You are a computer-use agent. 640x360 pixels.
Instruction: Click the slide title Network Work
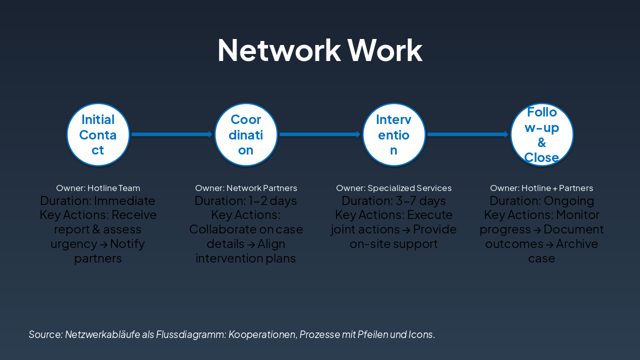click(x=320, y=50)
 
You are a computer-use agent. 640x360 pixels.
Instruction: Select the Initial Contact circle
click(x=98, y=134)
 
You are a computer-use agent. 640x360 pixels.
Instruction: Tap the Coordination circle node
click(x=246, y=134)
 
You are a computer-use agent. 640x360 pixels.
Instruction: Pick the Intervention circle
click(x=394, y=134)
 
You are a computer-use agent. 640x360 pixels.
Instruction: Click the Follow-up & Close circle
click(x=542, y=134)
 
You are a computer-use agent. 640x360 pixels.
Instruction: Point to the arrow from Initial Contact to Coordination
click(x=172, y=134)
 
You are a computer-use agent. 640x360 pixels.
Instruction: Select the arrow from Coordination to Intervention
click(x=320, y=134)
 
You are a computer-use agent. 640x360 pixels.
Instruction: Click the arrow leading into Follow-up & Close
click(x=468, y=134)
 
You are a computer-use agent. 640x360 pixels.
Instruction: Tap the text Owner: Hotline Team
click(x=98, y=188)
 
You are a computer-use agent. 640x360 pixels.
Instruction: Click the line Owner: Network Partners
click(x=246, y=188)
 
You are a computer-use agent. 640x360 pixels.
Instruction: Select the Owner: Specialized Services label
click(x=394, y=188)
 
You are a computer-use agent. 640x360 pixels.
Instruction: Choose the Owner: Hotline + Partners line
click(x=541, y=188)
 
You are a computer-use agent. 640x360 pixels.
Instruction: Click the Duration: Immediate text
click(x=98, y=201)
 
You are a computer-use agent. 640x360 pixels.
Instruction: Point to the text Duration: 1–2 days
click(x=246, y=201)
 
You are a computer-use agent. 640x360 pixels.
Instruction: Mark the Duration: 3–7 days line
click(x=394, y=201)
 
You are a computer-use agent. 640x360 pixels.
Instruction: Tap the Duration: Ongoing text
click(x=541, y=201)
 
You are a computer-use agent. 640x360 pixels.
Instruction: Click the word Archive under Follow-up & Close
click(x=576, y=244)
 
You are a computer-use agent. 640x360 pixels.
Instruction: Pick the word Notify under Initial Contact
click(x=127, y=244)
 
